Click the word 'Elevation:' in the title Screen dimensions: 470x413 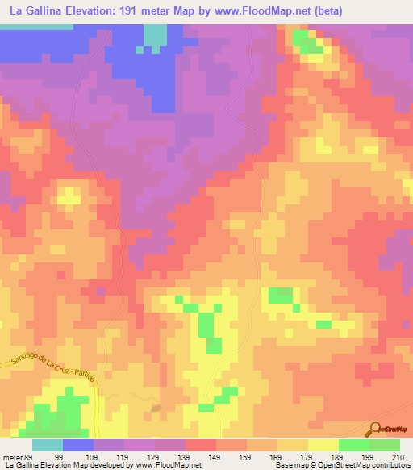click(x=99, y=11)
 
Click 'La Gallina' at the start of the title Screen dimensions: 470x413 click(x=37, y=11)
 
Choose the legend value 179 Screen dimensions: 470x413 click(x=304, y=458)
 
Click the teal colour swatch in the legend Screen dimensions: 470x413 click(x=48, y=445)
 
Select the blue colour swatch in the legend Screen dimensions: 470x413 click(x=78, y=445)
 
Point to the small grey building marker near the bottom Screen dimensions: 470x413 click(x=156, y=409)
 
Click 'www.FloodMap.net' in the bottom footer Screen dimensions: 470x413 click(x=167, y=466)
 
